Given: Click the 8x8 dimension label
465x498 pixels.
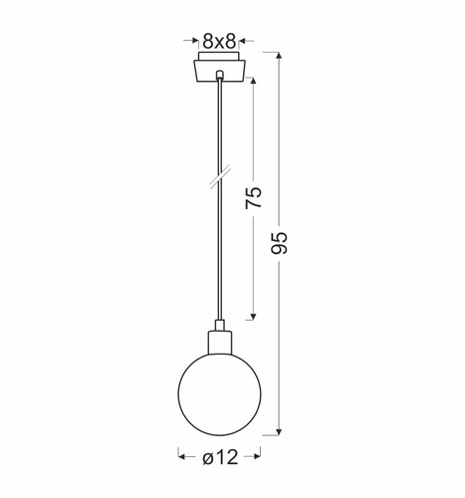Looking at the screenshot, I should (x=218, y=41).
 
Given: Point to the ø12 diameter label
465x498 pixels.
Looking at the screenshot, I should (x=220, y=457).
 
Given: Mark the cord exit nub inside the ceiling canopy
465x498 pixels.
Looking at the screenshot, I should (x=217, y=76).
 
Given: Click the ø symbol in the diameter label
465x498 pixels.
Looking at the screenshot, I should (x=204, y=457).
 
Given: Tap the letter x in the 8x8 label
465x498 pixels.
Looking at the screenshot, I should (x=218, y=42).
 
